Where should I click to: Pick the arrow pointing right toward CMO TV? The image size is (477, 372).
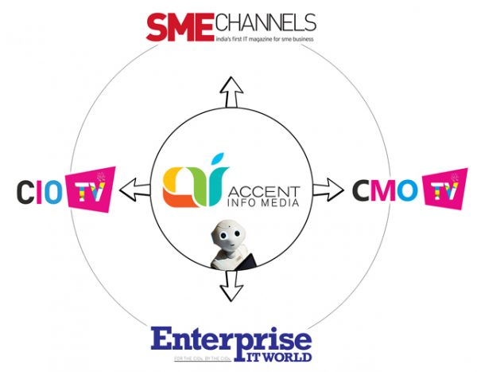[324, 190]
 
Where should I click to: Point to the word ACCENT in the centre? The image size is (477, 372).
[264, 191]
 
